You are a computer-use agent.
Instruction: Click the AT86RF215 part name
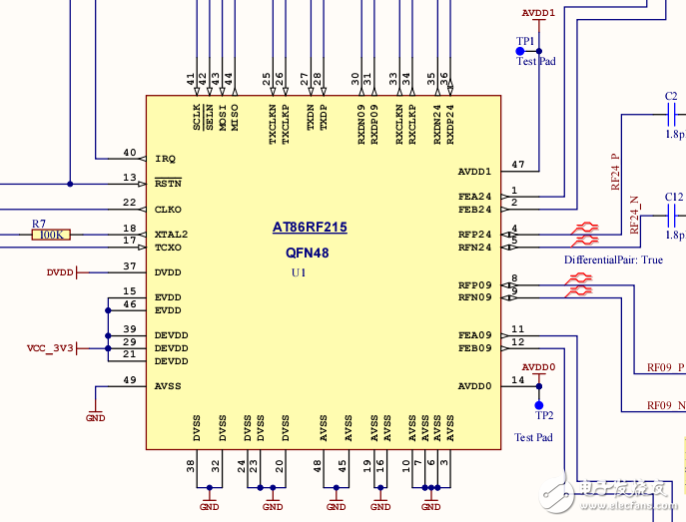pyautogui.click(x=310, y=228)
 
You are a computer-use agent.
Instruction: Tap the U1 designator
pyautogui.click(x=299, y=272)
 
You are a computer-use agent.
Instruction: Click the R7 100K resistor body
pyautogui.click(x=50, y=235)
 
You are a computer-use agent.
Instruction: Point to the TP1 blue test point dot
pyautogui.click(x=519, y=51)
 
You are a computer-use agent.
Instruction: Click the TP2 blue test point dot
pyautogui.click(x=539, y=405)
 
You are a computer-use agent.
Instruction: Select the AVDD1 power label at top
pyautogui.click(x=538, y=13)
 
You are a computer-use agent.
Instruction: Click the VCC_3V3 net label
pyautogui.click(x=50, y=348)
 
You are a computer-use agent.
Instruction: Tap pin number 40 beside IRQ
pyautogui.click(x=129, y=153)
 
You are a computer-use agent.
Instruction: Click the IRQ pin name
pyautogui.click(x=165, y=159)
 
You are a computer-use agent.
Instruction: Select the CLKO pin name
pyautogui.click(x=169, y=210)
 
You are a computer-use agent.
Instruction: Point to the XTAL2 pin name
pyautogui.click(x=172, y=235)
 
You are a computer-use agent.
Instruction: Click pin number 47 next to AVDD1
pyautogui.click(x=517, y=164)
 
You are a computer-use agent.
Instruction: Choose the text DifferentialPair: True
pyautogui.click(x=613, y=260)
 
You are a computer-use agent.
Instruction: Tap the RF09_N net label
pyautogui.click(x=666, y=405)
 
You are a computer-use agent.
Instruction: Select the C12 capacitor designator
pyautogui.click(x=674, y=197)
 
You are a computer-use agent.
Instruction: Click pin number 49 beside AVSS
pyautogui.click(x=129, y=380)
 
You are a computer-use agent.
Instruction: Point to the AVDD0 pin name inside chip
pyautogui.click(x=475, y=386)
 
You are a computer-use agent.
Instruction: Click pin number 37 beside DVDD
pyautogui.click(x=129, y=266)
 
